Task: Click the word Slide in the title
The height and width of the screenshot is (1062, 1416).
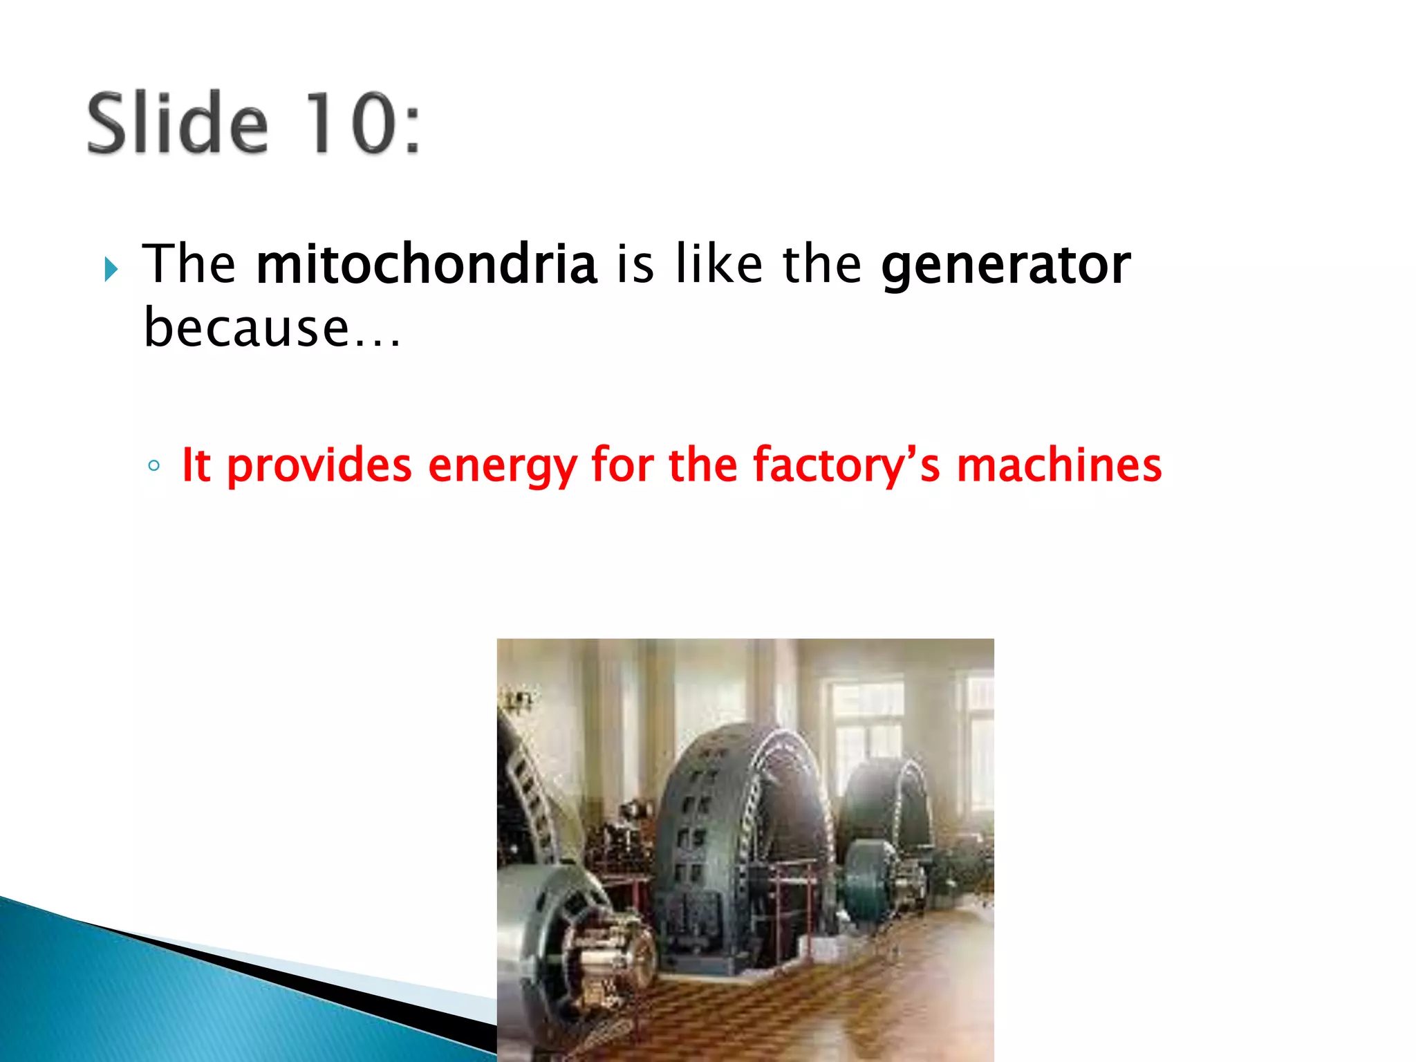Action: tap(177, 123)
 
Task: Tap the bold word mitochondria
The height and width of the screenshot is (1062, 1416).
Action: tap(426, 264)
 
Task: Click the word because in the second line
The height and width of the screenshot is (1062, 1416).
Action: tap(246, 328)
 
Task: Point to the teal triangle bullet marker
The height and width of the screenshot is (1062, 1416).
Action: tap(111, 269)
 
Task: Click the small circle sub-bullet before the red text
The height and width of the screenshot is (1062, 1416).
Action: tap(154, 466)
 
